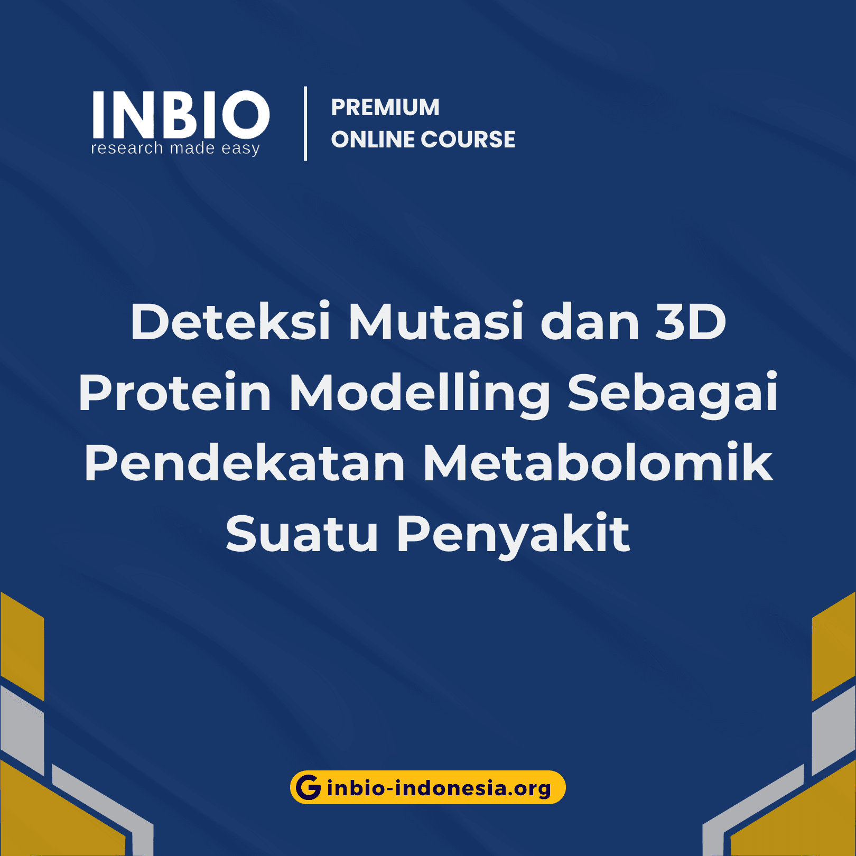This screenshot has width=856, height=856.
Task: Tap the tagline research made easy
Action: click(175, 148)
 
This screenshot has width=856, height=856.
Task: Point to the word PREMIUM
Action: click(385, 107)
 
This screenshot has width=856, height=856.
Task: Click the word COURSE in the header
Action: click(468, 139)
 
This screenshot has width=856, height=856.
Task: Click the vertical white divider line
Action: click(305, 124)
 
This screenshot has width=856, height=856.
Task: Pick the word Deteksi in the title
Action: click(230, 321)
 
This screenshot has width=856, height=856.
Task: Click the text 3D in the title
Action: click(691, 321)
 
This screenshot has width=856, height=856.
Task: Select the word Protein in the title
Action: click(175, 392)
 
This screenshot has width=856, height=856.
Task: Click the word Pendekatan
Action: click(245, 463)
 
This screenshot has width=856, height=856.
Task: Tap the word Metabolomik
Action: click(598, 463)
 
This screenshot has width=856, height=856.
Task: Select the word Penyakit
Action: click(513, 535)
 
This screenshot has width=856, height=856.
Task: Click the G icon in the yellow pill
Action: click(309, 787)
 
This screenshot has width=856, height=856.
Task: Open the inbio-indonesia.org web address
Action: click(439, 788)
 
